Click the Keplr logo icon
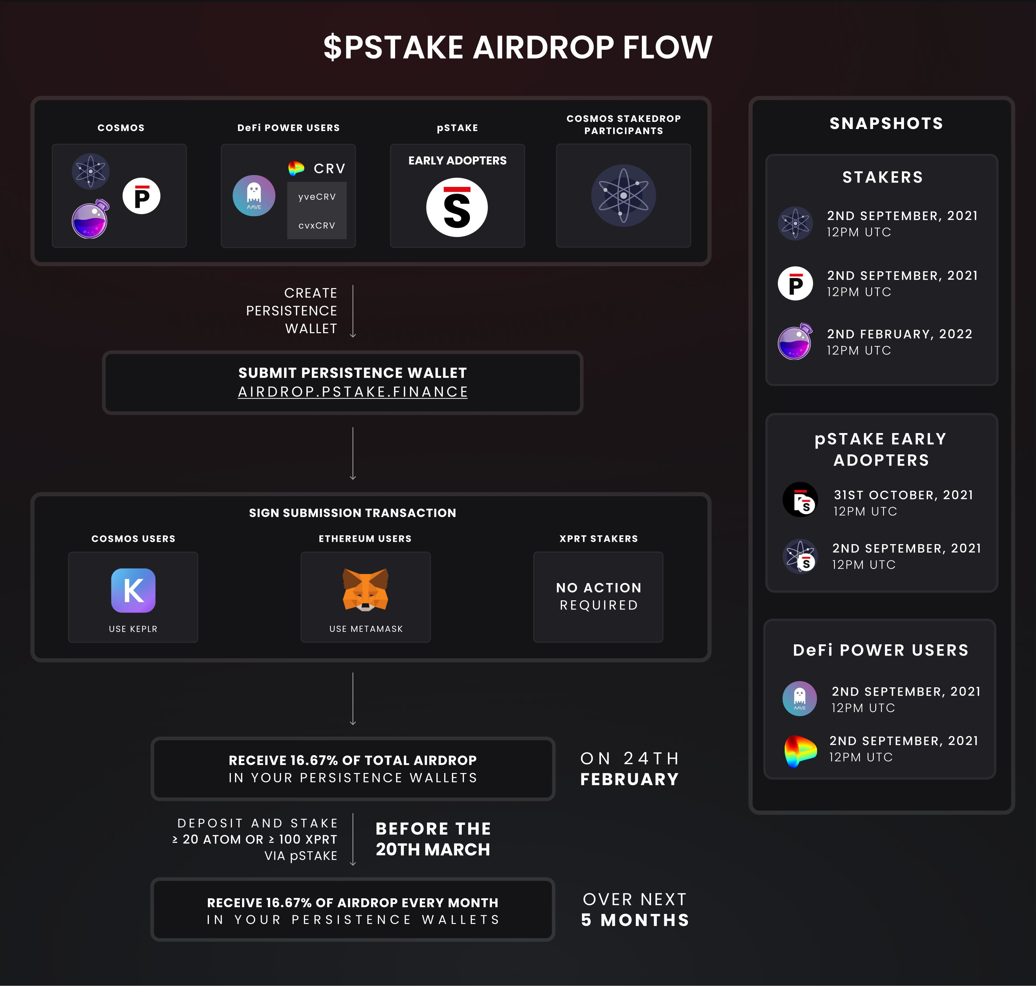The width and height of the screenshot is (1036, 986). [133, 590]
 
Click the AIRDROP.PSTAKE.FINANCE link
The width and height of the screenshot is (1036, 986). [353, 392]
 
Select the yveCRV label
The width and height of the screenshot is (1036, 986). [317, 197]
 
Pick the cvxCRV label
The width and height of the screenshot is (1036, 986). [317, 226]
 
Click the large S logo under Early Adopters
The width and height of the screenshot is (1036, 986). [457, 208]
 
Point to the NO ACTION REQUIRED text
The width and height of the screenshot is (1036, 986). [599, 596]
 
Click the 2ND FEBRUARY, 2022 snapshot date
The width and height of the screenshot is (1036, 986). [899, 334]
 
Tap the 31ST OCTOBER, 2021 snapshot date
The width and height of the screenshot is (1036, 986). [903, 495]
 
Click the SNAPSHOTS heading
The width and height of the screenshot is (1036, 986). [886, 124]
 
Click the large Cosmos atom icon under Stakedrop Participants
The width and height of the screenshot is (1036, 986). [623, 195]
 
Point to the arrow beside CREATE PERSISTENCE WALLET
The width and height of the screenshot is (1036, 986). [353, 311]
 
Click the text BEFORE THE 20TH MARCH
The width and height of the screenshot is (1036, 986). [433, 839]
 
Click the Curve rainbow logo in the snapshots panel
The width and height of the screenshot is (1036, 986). [800, 751]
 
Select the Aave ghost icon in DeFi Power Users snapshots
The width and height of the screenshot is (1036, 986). [799, 699]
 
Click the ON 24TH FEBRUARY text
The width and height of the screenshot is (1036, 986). [630, 768]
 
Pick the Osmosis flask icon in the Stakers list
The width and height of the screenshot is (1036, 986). [795, 342]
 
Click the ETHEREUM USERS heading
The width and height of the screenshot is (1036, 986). [365, 539]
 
